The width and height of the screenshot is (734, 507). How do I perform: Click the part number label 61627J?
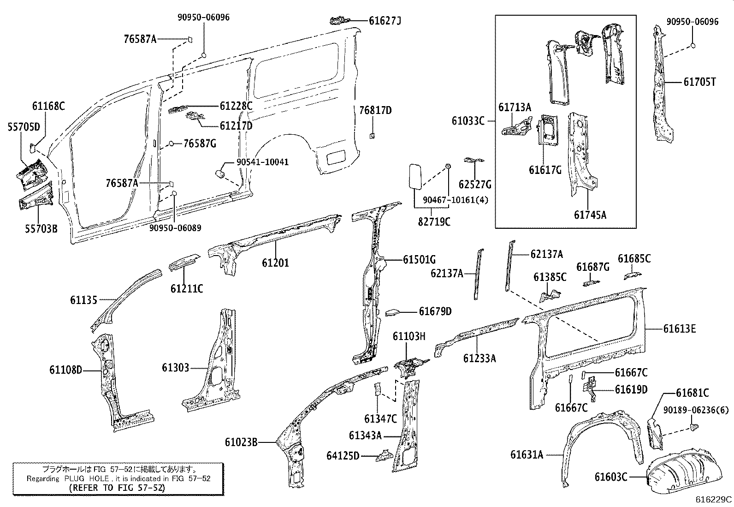pyautogui.click(x=385, y=20)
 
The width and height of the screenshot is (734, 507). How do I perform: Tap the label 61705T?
pyautogui.click(x=699, y=82)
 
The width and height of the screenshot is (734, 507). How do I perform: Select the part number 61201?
pyautogui.click(x=275, y=262)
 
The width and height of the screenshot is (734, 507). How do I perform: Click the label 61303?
pyautogui.click(x=175, y=367)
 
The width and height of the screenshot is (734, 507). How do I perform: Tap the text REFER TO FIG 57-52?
pyautogui.click(x=117, y=487)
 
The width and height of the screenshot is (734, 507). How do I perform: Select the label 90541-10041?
pyautogui.click(x=262, y=162)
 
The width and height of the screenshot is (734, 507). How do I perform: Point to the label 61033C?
pyautogui.click(x=468, y=121)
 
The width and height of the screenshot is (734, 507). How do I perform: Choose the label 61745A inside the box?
pyautogui.click(x=590, y=215)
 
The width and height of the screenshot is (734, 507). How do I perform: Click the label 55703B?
pyautogui.click(x=41, y=227)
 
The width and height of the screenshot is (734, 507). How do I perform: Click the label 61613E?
pyautogui.click(x=680, y=328)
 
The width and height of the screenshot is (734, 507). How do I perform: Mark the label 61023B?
pyautogui.click(x=241, y=442)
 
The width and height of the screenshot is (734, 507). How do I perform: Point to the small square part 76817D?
pyautogui.click(x=372, y=136)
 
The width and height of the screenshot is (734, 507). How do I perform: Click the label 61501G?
pyautogui.click(x=419, y=260)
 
